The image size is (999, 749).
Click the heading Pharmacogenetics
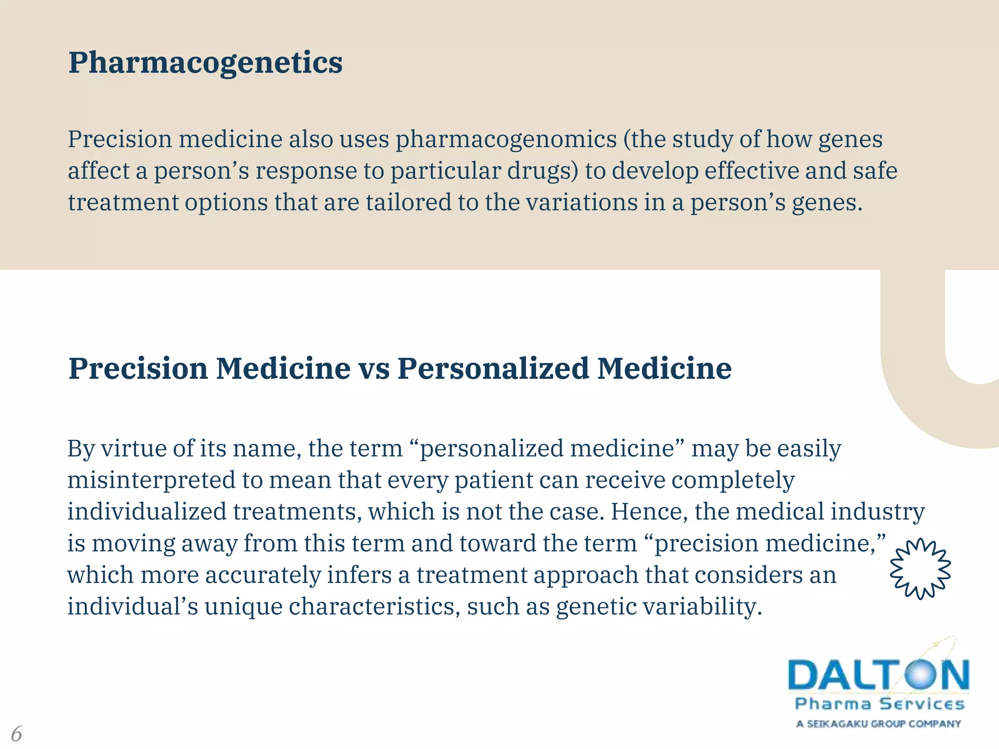pos(205,63)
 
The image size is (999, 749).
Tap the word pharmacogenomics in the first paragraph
pos(506,139)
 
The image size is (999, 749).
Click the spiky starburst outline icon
pos(920,569)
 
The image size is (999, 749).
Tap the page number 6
pos(17,733)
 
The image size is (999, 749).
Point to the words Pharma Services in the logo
pos(879,704)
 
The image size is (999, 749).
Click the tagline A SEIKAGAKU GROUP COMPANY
pos(879,724)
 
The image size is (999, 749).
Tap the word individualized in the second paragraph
pos(147,512)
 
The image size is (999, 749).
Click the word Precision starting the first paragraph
pos(120,139)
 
